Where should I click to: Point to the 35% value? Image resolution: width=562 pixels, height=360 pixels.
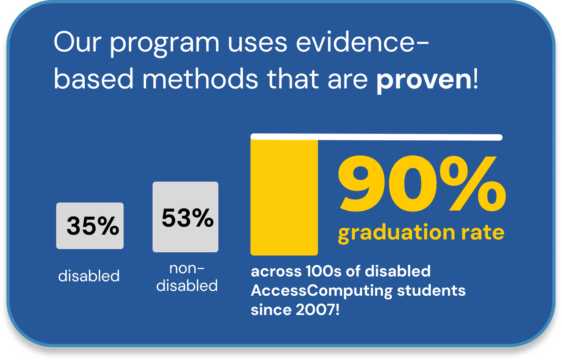point(92,226)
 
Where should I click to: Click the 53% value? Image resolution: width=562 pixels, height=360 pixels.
point(187,218)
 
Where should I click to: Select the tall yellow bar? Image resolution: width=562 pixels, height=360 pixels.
point(284,197)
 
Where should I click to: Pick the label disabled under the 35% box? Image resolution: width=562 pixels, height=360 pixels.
point(89,276)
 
